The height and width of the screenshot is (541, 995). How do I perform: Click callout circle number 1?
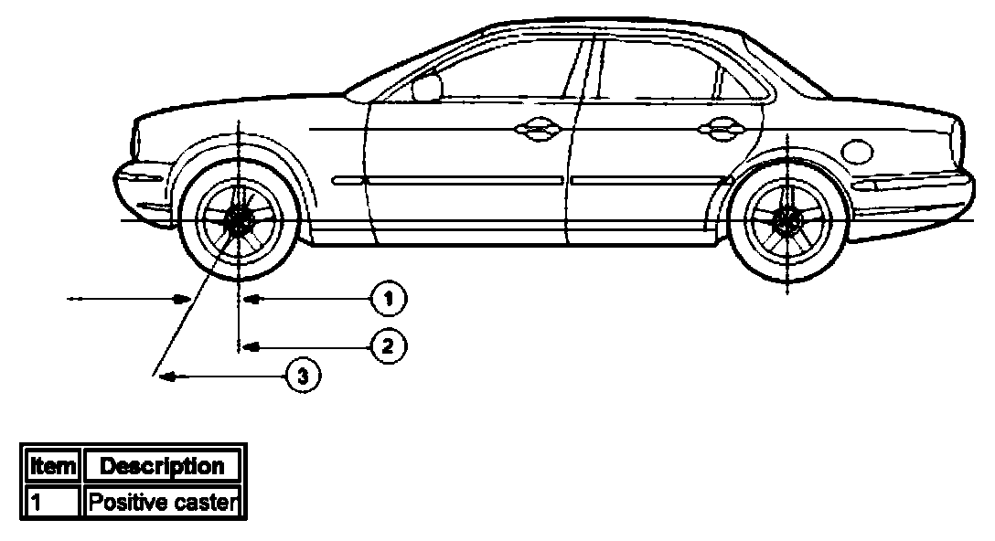[x=388, y=298]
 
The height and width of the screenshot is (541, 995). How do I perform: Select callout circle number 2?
[x=388, y=346]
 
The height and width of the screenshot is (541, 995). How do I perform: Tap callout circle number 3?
[x=304, y=374]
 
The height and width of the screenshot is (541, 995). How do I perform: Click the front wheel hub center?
[x=239, y=219]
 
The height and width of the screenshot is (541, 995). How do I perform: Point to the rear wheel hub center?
[x=786, y=219]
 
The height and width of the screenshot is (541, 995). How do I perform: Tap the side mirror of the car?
[x=426, y=87]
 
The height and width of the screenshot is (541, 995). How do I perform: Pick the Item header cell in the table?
[x=52, y=466]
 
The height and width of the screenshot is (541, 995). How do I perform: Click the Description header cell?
[x=162, y=466]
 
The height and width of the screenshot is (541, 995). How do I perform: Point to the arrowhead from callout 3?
[x=163, y=374]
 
